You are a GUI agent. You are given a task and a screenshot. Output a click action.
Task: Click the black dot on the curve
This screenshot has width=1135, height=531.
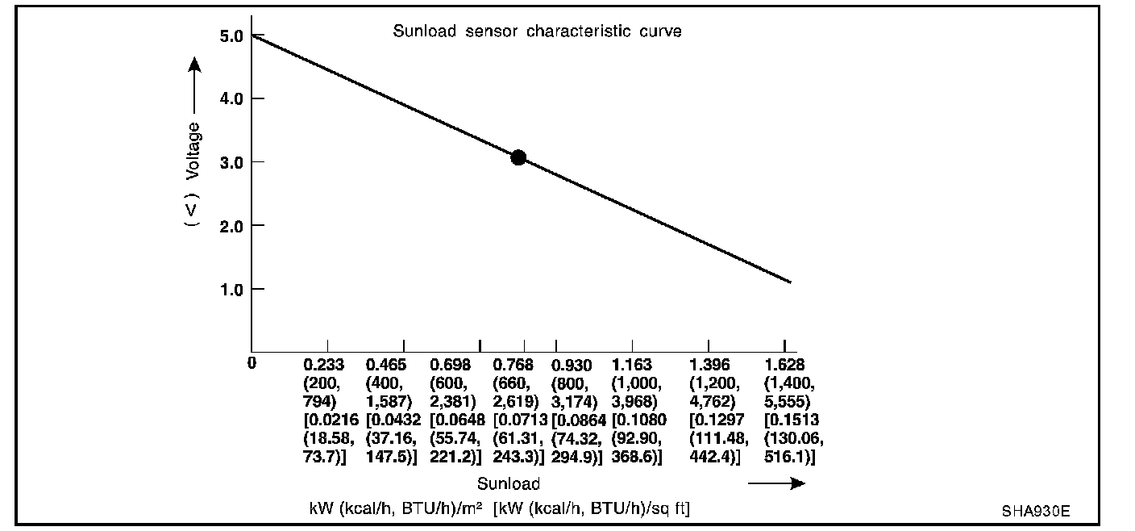518,157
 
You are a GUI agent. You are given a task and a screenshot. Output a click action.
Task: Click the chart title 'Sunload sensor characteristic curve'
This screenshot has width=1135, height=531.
537,32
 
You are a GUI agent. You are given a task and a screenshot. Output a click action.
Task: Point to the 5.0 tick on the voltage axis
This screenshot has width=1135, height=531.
231,36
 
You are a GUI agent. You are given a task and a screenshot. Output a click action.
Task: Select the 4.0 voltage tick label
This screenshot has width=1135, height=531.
231,98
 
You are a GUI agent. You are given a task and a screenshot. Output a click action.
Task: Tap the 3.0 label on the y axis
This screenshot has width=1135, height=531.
231,162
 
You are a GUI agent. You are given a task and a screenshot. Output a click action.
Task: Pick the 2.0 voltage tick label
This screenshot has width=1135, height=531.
231,225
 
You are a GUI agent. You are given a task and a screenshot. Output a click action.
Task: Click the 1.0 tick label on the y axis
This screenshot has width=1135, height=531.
231,289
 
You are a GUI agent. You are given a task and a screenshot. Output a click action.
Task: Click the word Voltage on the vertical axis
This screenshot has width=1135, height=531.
193,151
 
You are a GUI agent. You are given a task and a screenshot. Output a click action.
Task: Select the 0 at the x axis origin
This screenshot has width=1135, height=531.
252,364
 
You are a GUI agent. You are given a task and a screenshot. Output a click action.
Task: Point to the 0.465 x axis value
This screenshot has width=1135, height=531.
386,365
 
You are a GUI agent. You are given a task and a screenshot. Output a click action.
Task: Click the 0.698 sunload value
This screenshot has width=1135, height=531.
451,365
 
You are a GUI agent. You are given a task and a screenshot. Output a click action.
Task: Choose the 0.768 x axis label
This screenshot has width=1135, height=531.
513,365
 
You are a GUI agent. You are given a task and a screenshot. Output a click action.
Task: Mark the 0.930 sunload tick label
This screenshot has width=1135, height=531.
572,365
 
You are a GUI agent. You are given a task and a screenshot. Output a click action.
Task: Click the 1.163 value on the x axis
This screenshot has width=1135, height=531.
632,365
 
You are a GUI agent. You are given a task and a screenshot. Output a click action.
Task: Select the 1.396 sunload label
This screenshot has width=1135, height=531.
710,365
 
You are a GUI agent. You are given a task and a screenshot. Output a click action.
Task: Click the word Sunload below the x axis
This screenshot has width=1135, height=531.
508,484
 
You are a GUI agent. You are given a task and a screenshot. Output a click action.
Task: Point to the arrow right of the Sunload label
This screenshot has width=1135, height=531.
776,483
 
